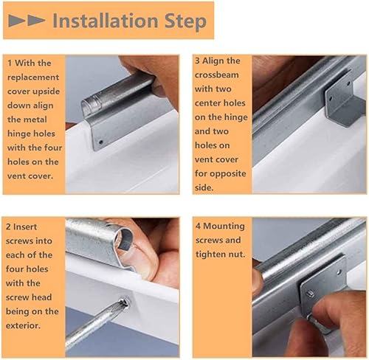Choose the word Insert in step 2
pyautogui.click(x=32, y=225)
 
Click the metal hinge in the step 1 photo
pyautogui.click(x=118, y=114)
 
